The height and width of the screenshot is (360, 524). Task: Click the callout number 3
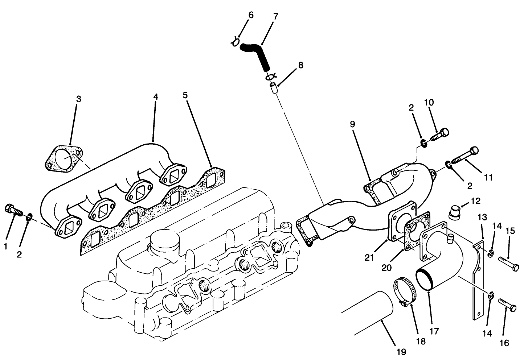pyautogui.click(x=78, y=99)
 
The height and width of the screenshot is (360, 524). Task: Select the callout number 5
pyautogui.click(x=185, y=95)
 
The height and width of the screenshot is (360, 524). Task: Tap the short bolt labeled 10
pyautogui.click(x=439, y=135)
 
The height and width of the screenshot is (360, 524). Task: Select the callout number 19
pyautogui.click(x=401, y=351)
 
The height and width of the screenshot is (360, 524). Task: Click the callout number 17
pyautogui.click(x=434, y=331)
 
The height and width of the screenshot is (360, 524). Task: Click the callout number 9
pyautogui.click(x=352, y=124)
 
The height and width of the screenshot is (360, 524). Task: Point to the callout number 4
pyautogui.click(x=155, y=97)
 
